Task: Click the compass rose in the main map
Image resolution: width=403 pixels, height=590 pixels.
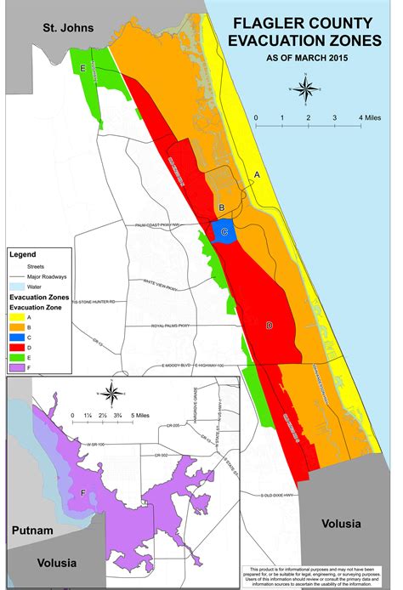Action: [x=309, y=88]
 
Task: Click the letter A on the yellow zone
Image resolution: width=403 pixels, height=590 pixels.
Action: [x=261, y=173]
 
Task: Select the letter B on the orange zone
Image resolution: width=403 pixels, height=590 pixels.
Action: [x=221, y=207]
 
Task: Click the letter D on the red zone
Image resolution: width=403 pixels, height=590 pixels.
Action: [x=270, y=326]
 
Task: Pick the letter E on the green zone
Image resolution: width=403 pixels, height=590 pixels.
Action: [x=82, y=68]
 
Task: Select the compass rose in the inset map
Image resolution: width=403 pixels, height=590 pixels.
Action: [x=110, y=394]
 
